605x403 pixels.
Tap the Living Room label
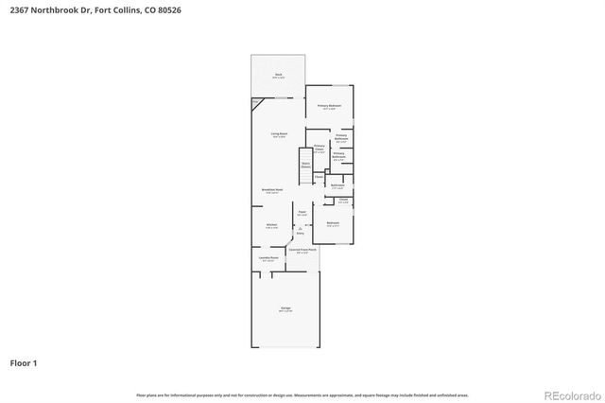(278, 135)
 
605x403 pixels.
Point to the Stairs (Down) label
(305, 164)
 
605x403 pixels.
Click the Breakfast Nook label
(272, 190)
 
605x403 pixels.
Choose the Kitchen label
(271, 225)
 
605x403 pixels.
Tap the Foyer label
(302, 213)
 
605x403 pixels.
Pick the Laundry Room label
(268, 258)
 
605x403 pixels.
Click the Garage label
(285, 308)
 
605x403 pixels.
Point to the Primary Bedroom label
(330, 106)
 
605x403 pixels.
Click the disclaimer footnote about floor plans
(302, 394)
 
